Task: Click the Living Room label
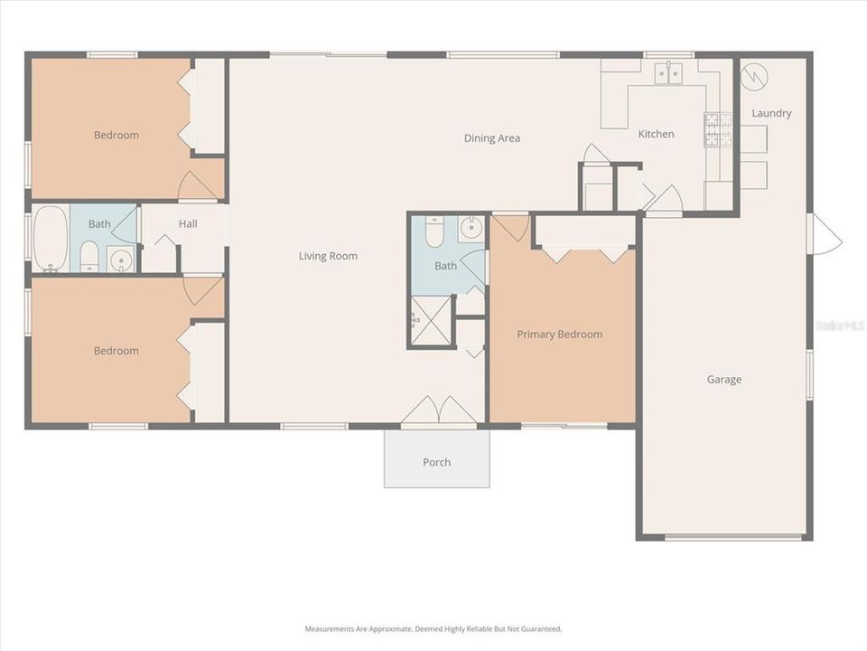pos(328,256)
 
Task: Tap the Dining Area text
pos(491,138)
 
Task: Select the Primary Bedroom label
pos(559,335)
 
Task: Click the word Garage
pos(723,380)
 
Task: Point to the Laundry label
pos(771,113)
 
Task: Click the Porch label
pos(436,462)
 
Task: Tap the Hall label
pos(188,224)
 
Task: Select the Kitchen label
pos(656,134)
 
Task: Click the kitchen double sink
pos(668,73)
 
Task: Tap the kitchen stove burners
pos(718,129)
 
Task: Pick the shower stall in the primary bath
pos(431,320)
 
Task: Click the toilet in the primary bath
pos(433,232)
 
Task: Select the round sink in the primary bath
pos(471,228)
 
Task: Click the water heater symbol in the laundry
pos(752,77)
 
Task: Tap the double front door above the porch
pos(438,411)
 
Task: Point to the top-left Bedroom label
pos(117,136)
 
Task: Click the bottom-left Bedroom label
pos(117,351)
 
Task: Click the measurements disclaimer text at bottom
pos(433,628)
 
